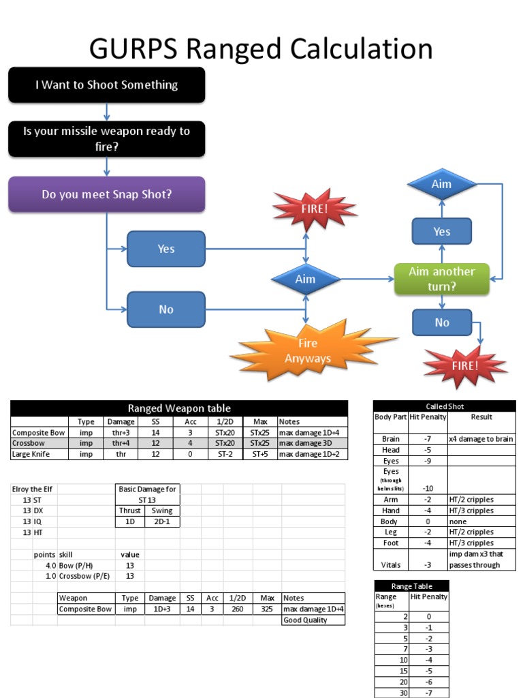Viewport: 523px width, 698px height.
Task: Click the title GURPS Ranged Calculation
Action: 261,49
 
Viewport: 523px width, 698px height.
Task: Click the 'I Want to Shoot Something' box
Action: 107,85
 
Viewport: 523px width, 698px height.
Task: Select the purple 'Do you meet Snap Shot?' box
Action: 107,194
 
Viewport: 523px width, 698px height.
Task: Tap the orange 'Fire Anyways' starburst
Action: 308,351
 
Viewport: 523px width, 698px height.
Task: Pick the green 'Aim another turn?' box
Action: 442,279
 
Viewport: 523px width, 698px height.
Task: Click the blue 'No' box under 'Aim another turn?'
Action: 442,322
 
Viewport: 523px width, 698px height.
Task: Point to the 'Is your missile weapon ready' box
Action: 107,138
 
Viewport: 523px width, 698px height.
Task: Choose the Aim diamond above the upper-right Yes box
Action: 441,185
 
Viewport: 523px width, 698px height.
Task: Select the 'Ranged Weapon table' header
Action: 179,408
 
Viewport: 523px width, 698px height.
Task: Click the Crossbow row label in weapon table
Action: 29,443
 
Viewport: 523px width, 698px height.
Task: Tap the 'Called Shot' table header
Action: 445,406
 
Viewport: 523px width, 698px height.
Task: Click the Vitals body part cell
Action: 391,564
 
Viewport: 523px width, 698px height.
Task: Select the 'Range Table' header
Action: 411,586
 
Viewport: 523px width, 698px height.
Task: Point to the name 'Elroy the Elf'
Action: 33,489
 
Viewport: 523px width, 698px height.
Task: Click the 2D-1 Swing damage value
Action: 162,521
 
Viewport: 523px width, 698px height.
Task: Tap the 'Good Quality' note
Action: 305,620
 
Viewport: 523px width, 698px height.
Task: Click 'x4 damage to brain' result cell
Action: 481,440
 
